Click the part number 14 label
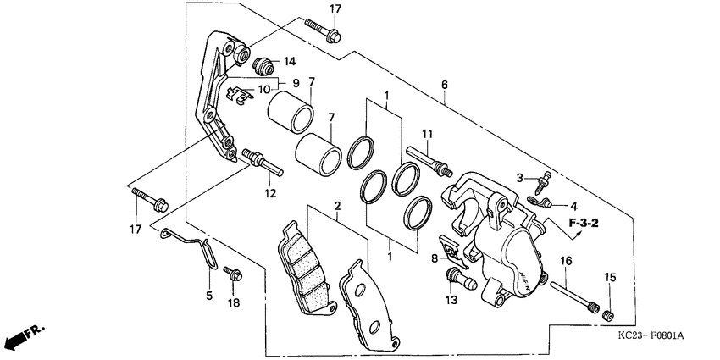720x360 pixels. click(x=290, y=61)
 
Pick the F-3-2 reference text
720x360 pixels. click(x=584, y=224)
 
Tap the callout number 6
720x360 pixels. click(x=445, y=86)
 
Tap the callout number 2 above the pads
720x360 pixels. click(x=336, y=206)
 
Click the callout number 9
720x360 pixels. click(x=296, y=82)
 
